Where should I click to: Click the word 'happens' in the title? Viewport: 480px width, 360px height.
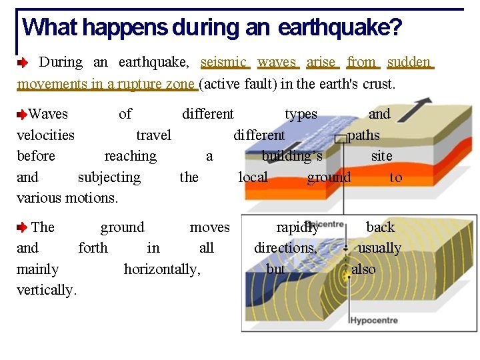tap(125, 27)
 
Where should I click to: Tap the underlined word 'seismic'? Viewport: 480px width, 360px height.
tap(225, 62)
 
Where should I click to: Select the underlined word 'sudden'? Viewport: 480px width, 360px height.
tap(409, 62)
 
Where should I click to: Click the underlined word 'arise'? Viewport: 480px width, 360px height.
tap(321, 62)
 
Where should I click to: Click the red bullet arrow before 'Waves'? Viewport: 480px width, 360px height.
tap(22, 115)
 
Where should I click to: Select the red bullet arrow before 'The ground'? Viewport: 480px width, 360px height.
tap(22, 228)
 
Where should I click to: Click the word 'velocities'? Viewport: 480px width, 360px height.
tap(45, 135)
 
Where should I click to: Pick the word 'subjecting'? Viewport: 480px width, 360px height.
tap(109, 177)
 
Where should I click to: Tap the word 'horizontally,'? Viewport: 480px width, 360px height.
tap(162, 269)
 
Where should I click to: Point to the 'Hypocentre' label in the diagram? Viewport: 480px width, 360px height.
tap(373, 321)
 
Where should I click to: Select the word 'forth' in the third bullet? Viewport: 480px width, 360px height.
tap(93, 248)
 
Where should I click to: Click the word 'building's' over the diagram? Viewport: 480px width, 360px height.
tap(292, 156)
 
